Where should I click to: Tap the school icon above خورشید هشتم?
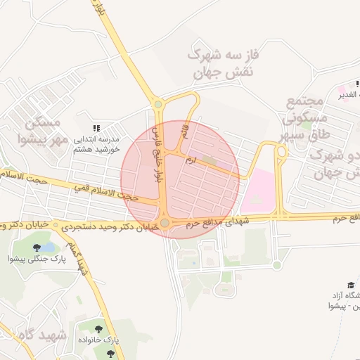97,127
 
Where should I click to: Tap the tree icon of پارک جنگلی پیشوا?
37,247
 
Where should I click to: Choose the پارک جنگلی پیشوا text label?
42,259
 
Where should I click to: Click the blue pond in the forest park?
48,247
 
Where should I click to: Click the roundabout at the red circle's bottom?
165,224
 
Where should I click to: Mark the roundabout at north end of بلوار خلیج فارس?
157,105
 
